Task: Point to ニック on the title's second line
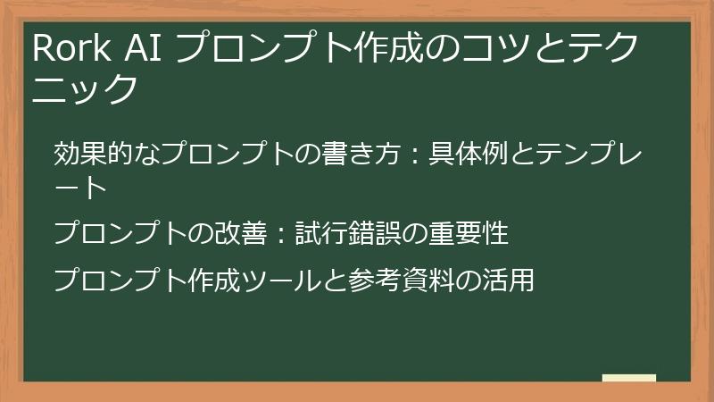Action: (x=87, y=89)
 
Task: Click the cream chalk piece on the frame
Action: (x=628, y=379)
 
